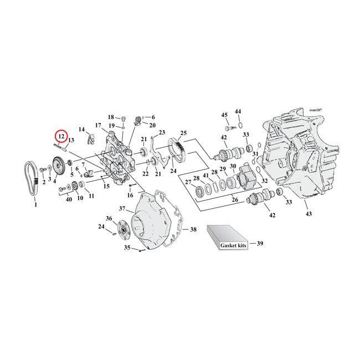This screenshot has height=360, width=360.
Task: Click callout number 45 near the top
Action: [x=224, y=115]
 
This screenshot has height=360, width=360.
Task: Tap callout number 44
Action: [x=238, y=111]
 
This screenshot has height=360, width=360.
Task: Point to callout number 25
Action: [x=183, y=133]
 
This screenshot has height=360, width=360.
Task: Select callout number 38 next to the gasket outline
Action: [x=193, y=229]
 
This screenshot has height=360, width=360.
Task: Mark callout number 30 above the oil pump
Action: [x=233, y=167]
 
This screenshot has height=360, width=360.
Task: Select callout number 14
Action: [x=82, y=130]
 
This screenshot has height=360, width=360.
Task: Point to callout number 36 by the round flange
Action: [x=109, y=218]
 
